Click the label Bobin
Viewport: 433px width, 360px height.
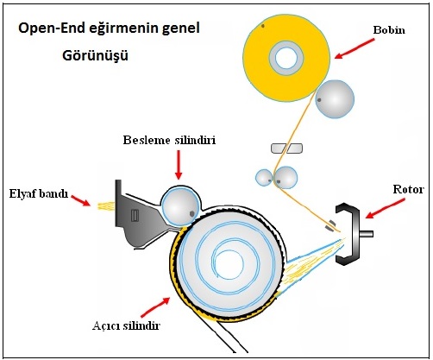point(389,30)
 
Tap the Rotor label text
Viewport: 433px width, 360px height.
point(408,189)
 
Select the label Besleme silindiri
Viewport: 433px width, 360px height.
point(169,140)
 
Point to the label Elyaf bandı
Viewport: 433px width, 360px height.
point(39,193)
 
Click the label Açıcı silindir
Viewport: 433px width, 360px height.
point(126,325)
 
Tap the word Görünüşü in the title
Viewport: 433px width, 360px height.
point(95,55)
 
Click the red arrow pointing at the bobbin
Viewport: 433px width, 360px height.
point(355,49)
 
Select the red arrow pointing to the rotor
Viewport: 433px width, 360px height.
point(385,209)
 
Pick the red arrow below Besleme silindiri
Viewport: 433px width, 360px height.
point(179,165)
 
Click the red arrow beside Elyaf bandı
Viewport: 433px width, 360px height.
point(80,200)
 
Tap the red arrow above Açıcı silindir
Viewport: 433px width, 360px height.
point(155,307)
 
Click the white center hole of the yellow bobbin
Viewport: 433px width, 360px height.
point(286,58)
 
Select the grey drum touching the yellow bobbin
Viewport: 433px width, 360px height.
point(335,99)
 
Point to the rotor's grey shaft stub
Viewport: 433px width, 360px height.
point(367,234)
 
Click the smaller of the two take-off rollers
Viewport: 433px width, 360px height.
point(264,178)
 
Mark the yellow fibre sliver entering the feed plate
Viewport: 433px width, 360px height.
point(107,206)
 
